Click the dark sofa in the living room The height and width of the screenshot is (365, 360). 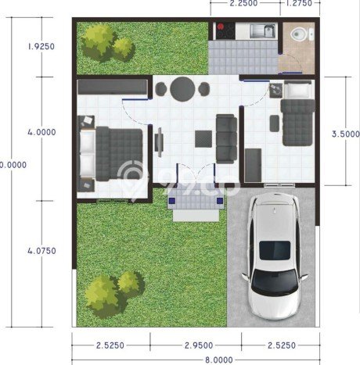[226, 134]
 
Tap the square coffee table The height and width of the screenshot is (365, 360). [203, 138]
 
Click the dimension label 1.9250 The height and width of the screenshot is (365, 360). [41, 46]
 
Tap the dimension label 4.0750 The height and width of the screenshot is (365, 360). [41, 252]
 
